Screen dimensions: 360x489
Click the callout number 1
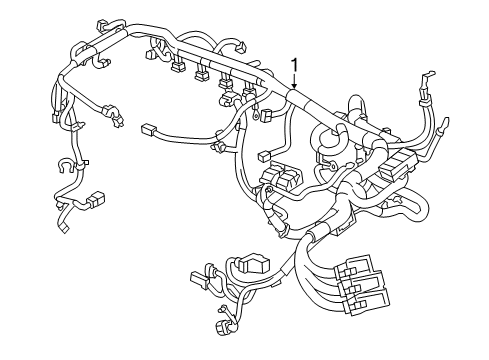294,66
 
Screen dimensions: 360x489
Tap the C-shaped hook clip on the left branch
66,165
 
